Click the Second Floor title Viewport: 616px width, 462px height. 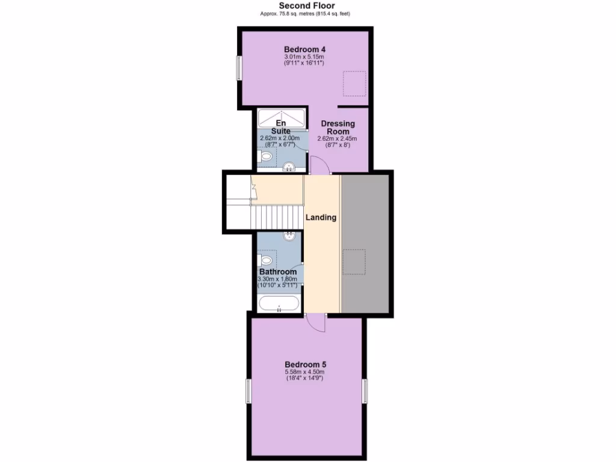click(x=307, y=5)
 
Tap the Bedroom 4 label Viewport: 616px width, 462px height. click(x=305, y=49)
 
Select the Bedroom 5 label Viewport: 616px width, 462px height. click(x=305, y=365)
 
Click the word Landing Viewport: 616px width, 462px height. click(x=321, y=218)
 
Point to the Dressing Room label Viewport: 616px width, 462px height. click(x=337, y=128)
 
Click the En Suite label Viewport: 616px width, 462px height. click(x=280, y=127)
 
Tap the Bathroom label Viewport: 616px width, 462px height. click(x=277, y=272)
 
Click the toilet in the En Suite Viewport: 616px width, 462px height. click(x=265, y=157)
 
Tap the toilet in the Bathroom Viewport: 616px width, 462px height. click(x=265, y=260)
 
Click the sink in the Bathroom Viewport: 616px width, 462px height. click(x=290, y=236)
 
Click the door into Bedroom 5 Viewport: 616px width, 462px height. click(x=315, y=323)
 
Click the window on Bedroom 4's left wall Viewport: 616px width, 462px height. click(x=239, y=68)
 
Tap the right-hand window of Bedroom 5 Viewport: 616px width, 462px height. click(x=364, y=390)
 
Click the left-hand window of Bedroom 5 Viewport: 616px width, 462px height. click(x=248, y=390)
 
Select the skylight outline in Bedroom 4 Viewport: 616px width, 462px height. click(x=354, y=83)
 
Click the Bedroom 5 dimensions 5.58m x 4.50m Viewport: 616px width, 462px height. click(x=305, y=373)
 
